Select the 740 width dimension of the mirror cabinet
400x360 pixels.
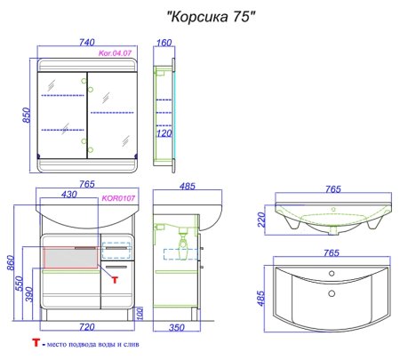pyautogui.click(x=85, y=42)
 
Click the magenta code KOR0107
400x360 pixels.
pyautogui.click(x=118, y=199)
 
